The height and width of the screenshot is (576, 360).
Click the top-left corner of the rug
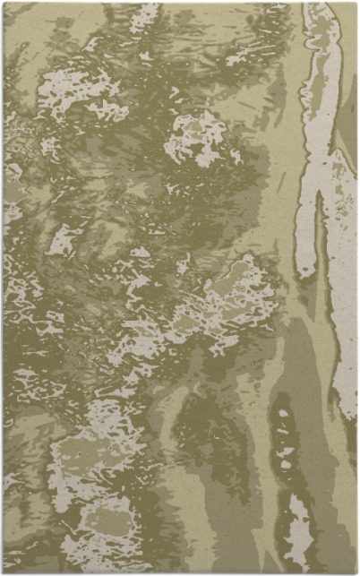coord(4,3)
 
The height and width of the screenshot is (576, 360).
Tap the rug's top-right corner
coord(356,3)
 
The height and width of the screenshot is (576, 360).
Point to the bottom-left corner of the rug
coord(4,572)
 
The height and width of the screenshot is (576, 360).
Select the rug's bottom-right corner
coord(356,572)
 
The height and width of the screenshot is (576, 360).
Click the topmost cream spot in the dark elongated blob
coord(283,413)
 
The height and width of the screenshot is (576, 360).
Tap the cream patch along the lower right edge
coord(345,376)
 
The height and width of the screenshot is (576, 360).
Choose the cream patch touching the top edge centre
coord(143,13)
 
